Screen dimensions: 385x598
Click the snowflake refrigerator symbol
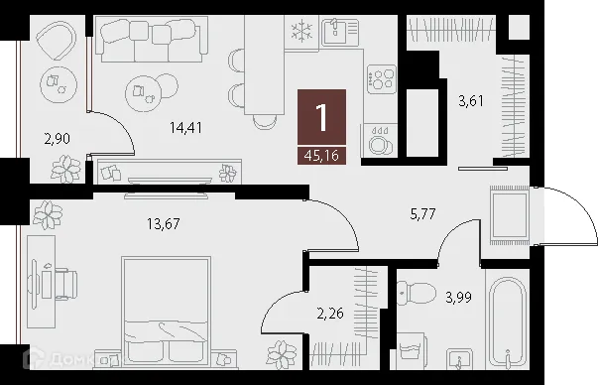(x=299, y=31)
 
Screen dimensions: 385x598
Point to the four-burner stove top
(x=382, y=77)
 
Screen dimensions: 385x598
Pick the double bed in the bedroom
(x=165, y=314)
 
